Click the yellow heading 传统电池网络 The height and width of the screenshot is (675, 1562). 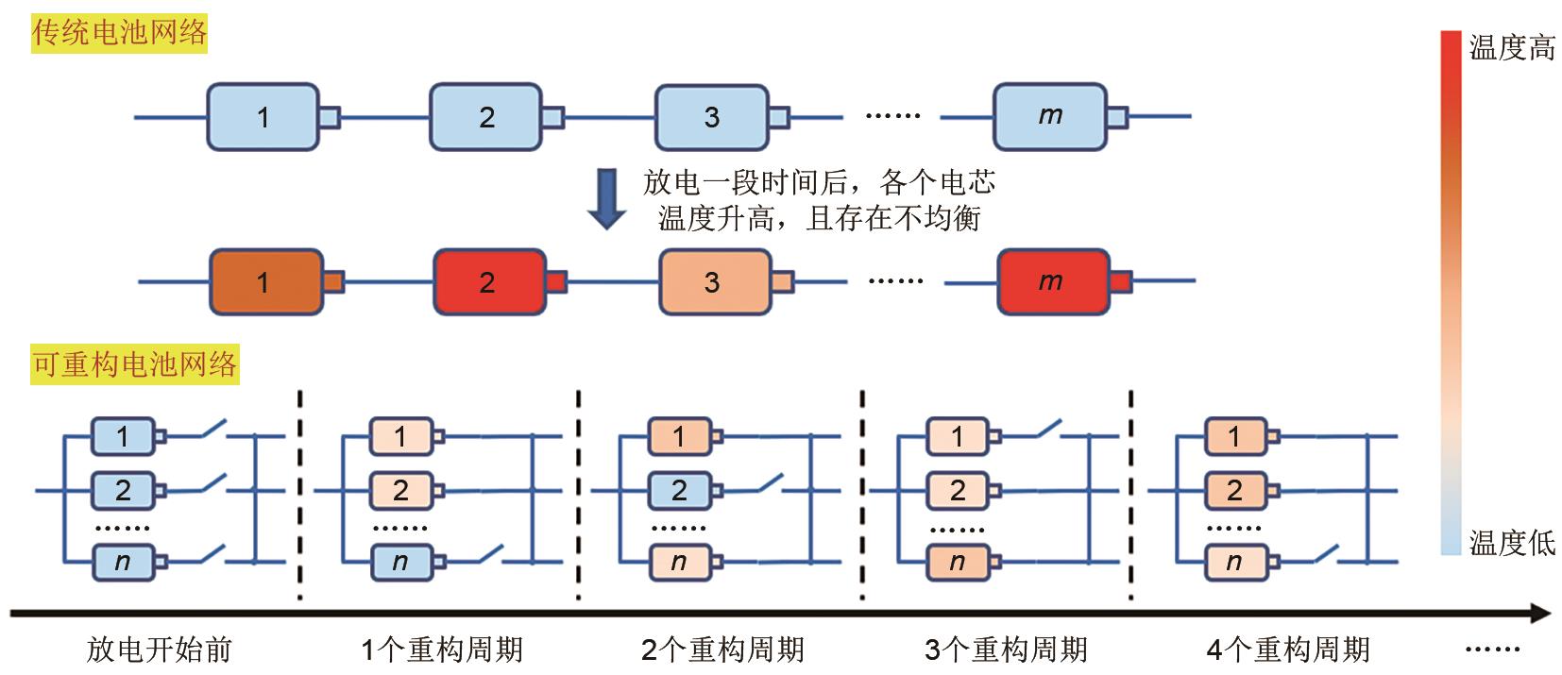click(119, 34)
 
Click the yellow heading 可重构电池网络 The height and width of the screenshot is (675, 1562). click(134, 364)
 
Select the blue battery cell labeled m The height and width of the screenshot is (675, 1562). click(1049, 116)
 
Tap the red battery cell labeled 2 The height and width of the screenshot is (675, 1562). click(488, 281)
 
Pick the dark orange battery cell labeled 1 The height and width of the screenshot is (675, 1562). click(264, 281)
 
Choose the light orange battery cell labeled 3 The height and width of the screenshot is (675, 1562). click(713, 281)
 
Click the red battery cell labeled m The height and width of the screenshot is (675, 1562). click(1052, 281)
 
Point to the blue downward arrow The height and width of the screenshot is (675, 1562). click(606, 199)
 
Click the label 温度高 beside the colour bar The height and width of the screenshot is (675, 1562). click(1511, 47)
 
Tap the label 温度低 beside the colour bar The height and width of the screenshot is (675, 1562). click(1511, 543)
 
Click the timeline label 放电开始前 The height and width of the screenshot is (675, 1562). click(159, 650)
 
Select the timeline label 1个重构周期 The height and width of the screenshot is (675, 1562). click(441, 650)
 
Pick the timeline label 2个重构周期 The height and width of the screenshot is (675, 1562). click(722, 650)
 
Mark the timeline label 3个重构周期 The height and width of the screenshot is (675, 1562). click(1006, 650)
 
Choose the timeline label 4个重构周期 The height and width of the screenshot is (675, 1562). click(1288, 650)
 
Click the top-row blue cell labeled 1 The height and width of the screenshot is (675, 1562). click(263, 116)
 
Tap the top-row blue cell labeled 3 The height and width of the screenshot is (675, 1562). click(712, 116)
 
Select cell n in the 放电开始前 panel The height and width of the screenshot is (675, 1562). click(123, 562)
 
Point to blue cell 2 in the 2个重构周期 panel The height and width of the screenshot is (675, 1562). click(679, 490)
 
